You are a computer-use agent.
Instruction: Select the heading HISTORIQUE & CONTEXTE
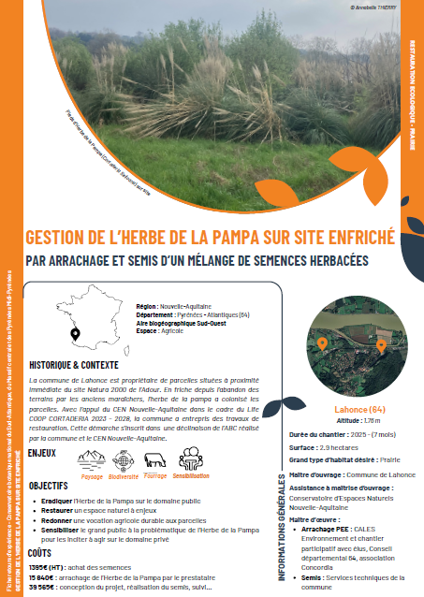coord(73,365)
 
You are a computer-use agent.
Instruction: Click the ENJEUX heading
coord(43,453)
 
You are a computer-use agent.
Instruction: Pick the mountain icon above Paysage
coord(92,459)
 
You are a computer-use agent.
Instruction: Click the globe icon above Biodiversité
coord(124,459)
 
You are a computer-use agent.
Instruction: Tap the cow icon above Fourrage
coord(155,459)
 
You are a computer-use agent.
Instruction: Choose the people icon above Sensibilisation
coord(191,458)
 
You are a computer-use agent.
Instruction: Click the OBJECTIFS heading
coord(48,487)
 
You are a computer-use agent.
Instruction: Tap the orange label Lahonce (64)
coord(360,411)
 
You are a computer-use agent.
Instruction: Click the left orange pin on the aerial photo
coord(322,344)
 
